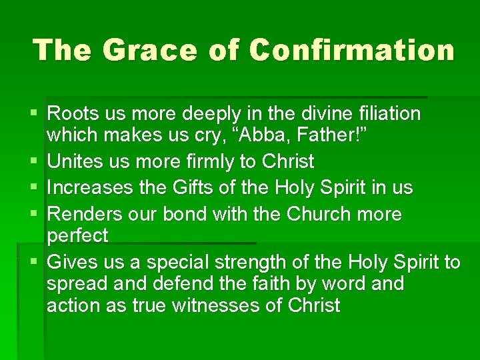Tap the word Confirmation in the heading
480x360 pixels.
pyautogui.click(x=352, y=49)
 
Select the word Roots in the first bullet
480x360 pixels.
pyautogui.click(x=73, y=113)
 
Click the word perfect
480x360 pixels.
pyautogui.click(x=77, y=235)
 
